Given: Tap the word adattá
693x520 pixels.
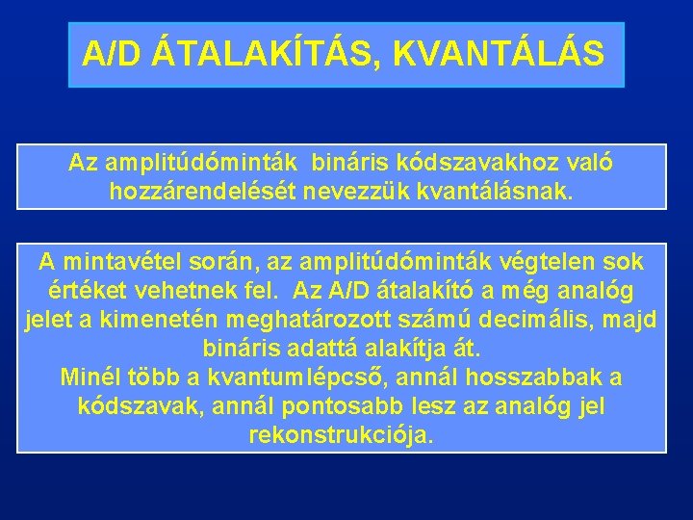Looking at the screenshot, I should pyautogui.click(x=315, y=348).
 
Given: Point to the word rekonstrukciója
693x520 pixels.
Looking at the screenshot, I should pyautogui.click(x=341, y=435).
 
